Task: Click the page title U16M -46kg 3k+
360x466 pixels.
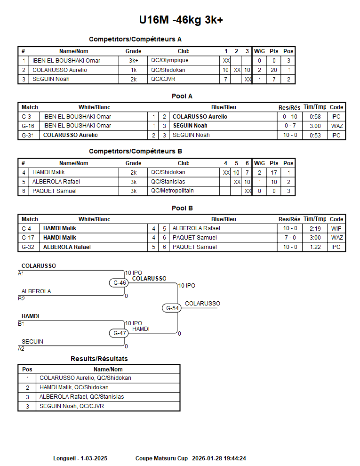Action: pyautogui.click(x=181, y=20)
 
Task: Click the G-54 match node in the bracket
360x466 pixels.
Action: pyautogui.click(x=172, y=308)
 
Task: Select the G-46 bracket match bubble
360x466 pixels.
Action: pyautogui.click(x=120, y=283)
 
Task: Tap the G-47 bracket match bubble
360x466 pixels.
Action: pyautogui.click(x=120, y=333)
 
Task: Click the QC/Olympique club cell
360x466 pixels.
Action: pyautogui.click(x=169, y=60)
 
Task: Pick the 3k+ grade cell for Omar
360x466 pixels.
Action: pyautogui.click(x=133, y=61)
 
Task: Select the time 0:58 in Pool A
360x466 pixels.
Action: pyautogui.click(x=315, y=117)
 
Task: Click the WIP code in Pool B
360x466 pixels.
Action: pyautogui.click(x=336, y=228)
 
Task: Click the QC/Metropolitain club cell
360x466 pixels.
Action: pyautogui.click(x=172, y=191)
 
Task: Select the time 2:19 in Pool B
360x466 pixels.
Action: pyautogui.click(x=315, y=228)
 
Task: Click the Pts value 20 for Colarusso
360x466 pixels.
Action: pyautogui.click(x=273, y=70)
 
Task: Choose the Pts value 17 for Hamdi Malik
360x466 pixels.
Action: pyautogui.click(x=273, y=173)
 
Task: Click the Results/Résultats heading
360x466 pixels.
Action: pyautogui.click(x=99, y=359)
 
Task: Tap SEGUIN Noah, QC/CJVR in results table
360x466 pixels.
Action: pyautogui.click(x=72, y=406)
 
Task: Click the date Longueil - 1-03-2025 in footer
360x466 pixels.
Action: pyautogui.click(x=80, y=458)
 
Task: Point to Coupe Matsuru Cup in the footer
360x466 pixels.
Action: pyautogui.click(x=161, y=458)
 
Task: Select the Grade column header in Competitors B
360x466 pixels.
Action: pyautogui.click(x=133, y=163)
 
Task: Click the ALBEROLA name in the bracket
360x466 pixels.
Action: pyautogui.click(x=36, y=291)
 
